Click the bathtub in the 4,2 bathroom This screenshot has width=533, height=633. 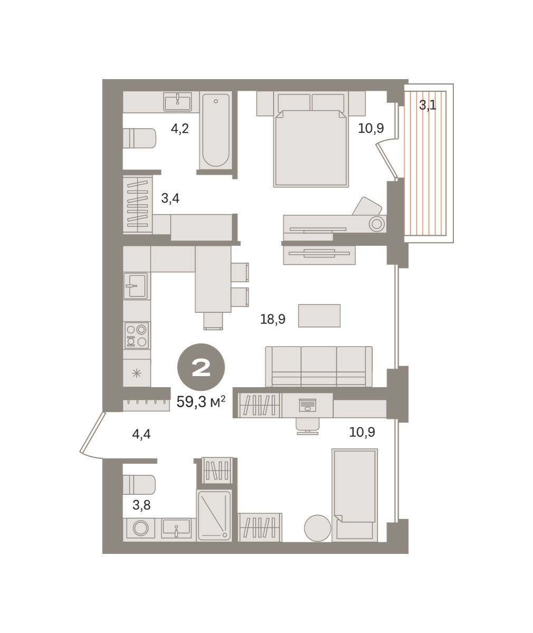[216, 130]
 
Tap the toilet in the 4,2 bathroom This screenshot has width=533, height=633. [139, 138]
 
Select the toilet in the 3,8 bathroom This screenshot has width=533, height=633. [139, 484]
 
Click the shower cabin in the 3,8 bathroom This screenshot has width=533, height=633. [214, 515]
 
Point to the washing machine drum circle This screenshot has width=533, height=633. [141, 528]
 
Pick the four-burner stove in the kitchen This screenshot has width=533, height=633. [137, 335]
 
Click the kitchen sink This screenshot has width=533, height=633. [136, 286]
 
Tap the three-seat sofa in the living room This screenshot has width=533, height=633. [319, 367]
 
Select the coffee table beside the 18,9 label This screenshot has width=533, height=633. [319, 315]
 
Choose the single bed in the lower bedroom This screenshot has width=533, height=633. [355, 495]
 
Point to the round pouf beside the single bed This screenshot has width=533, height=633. [318, 528]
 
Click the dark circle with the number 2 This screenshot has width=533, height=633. [201, 367]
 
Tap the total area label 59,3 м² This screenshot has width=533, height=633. [201, 402]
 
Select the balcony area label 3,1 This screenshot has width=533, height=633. [427, 105]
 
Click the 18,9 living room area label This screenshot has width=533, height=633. [273, 319]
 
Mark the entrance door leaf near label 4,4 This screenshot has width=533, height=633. [92, 432]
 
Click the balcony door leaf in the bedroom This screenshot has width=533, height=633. [386, 161]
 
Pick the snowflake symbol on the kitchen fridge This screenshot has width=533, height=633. [137, 373]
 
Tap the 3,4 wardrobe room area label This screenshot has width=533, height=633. [170, 198]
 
